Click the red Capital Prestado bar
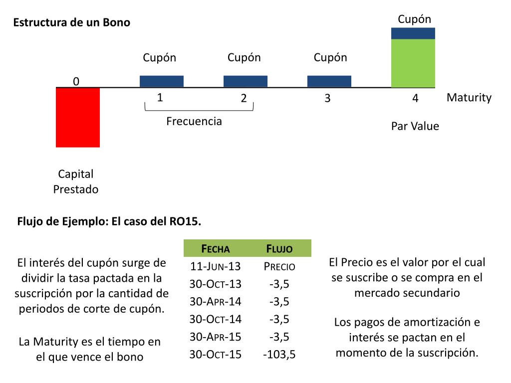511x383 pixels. pos(78,118)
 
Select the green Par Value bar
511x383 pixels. pos(413,63)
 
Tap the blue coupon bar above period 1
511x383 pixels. pos(162,81)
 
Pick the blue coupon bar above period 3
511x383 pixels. pos(329,81)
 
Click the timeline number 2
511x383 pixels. pos(244,98)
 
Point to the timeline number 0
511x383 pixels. pos(76,81)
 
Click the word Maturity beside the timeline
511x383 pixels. pos(469,98)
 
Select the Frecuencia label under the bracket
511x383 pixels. pos(194,121)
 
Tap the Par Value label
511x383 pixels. pos(415,126)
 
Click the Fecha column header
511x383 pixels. pos(215,249)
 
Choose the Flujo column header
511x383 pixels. pos(279,249)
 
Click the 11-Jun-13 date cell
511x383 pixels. pos(215,267)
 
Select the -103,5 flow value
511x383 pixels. pos(279,355)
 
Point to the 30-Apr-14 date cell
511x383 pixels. pos(215,302)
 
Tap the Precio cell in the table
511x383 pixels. pos(279,267)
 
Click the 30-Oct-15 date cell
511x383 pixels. pos(215,355)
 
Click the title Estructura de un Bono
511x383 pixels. pos(71,23)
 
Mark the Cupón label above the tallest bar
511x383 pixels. pos(414,19)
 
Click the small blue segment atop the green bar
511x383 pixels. pos(413,33)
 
